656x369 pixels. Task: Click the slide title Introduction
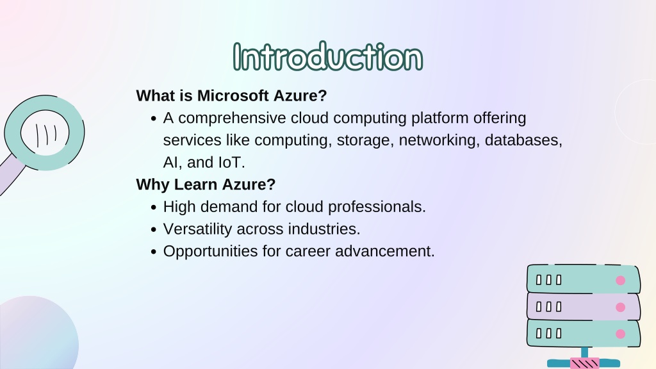pyautogui.click(x=327, y=56)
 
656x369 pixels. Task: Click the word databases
pyautogui.click(x=523, y=140)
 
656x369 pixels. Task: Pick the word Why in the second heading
pyautogui.click(x=152, y=184)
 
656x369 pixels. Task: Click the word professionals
pyautogui.click(x=377, y=207)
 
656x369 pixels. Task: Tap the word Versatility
pyautogui.click(x=197, y=229)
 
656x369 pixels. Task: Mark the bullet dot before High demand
pyautogui.click(x=153, y=208)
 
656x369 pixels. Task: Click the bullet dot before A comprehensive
pyautogui.click(x=153, y=119)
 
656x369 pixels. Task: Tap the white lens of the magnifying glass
pyautogui.click(x=45, y=133)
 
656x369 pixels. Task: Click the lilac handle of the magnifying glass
pyautogui.click(x=11, y=174)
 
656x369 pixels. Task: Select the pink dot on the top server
pyautogui.click(x=620, y=281)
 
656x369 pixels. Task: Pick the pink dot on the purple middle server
pyautogui.click(x=620, y=307)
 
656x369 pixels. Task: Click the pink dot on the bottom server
pyautogui.click(x=620, y=334)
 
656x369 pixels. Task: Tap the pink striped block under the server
pyautogui.click(x=584, y=363)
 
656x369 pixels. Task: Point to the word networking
pyautogui.click(x=439, y=140)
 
